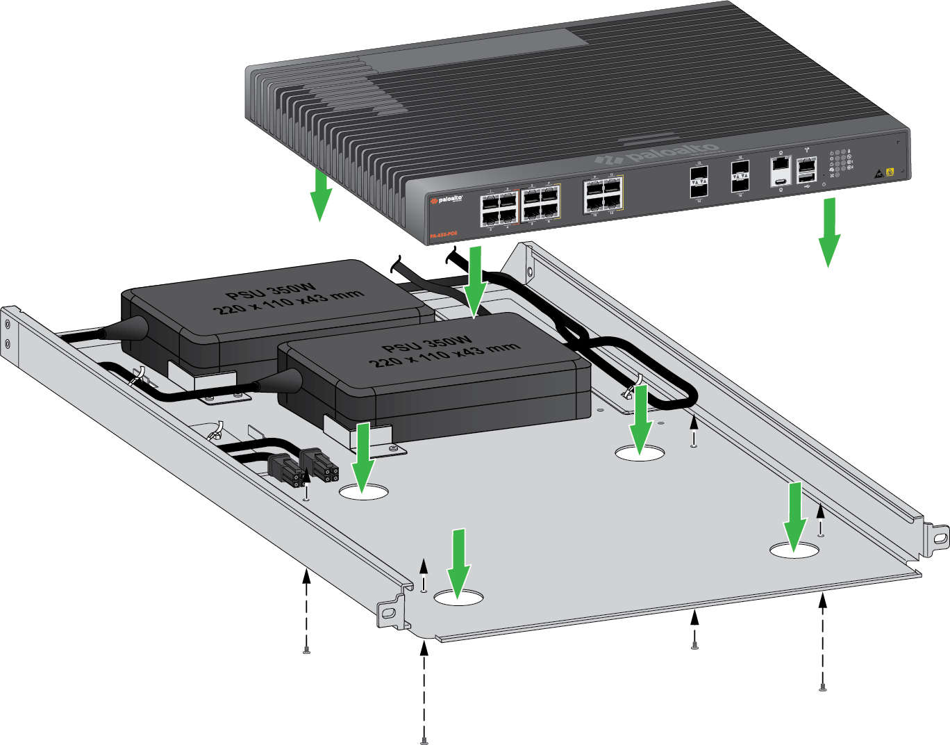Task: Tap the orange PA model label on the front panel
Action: pyautogui.click(x=442, y=236)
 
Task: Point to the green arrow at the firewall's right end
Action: pyautogui.click(x=828, y=232)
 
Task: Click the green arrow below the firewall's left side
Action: pyautogui.click(x=319, y=194)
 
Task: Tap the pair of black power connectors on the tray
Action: pyautogui.click(x=304, y=466)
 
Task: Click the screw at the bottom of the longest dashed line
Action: pyautogui.click(x=424, y=741)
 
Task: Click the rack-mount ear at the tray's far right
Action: pyautogui.click(x=937, y=535)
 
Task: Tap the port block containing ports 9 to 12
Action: pyautogui.click(x=603, y=193)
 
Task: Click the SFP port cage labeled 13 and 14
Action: pyautogui.click(x=699, y=181)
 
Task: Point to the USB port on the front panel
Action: pyautogui.click(x=806, y=177)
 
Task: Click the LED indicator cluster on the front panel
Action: pyautogui.click(x=840, y=163)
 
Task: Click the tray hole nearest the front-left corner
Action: pyautogui.click(x=458, y=597)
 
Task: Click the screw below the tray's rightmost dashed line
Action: pyautogui.click(x=822, y=688)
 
